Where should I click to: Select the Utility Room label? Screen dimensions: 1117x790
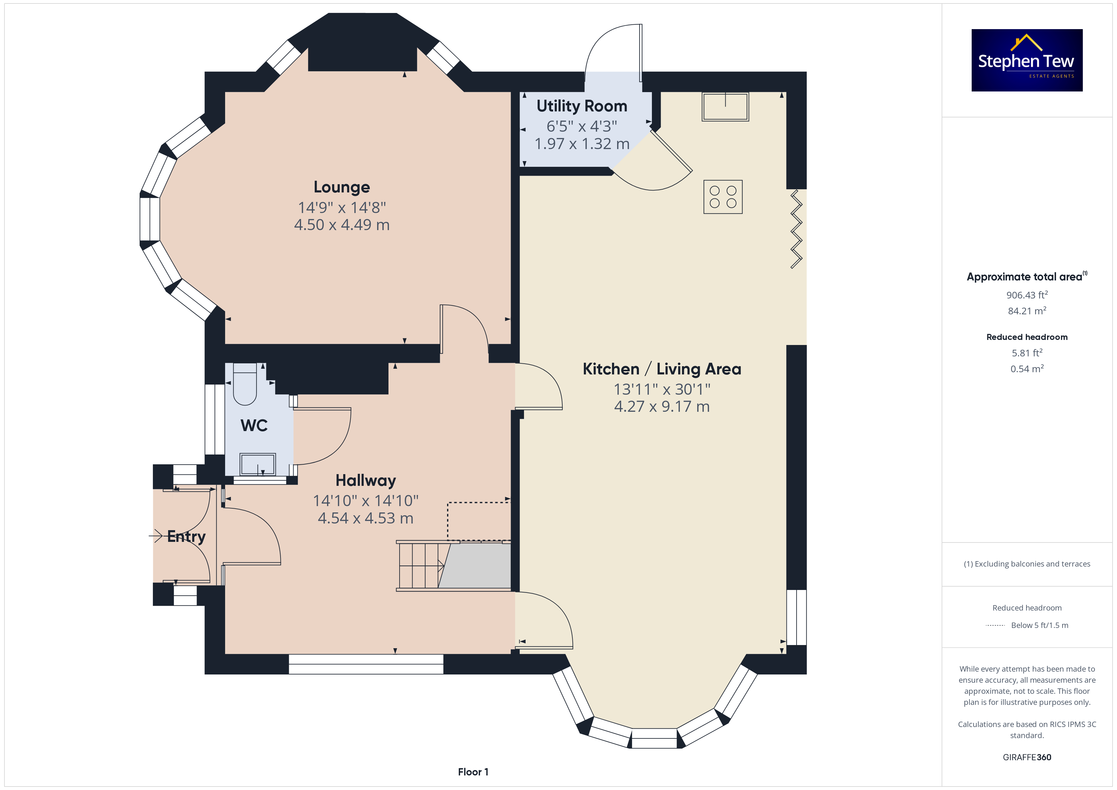tap(582, 106)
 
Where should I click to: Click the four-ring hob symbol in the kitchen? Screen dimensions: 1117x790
tap(723, 197)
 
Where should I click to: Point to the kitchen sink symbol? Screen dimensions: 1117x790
tap(725, 107)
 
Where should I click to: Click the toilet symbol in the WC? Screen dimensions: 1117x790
tap(245, 384)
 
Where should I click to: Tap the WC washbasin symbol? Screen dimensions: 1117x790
tap(258, 465)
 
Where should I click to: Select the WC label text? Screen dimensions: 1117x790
tap(254, 426)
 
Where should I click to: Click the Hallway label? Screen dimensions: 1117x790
tap(366, 481)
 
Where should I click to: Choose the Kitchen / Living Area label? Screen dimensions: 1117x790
tap(662, 369)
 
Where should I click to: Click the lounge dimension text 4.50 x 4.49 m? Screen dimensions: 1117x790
tap(342, 225)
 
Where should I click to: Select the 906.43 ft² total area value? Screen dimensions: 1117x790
tap(1027, 295)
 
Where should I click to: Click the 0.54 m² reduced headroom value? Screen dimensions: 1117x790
tap(1027, 369)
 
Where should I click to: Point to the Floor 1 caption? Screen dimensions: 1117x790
tap(473, 772)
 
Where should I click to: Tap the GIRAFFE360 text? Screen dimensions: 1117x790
tap(1027, 757)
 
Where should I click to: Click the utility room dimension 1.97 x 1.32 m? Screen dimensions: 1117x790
tap(582, 144)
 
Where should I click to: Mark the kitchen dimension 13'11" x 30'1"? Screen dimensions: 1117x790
tap(662, 389)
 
